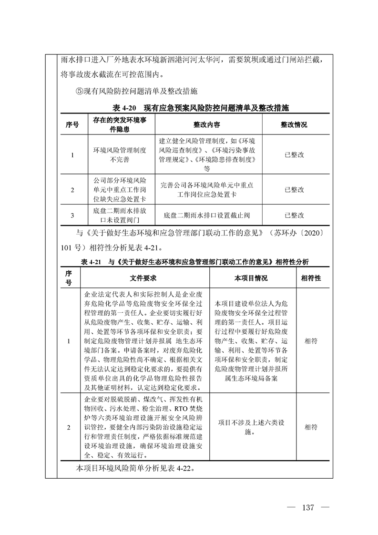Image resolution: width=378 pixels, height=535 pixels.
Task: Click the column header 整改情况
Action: coord(294,125)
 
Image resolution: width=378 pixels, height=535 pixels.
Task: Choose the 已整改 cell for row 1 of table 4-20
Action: coord(294,155)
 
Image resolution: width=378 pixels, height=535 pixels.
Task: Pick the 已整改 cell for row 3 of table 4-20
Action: coord(294,215)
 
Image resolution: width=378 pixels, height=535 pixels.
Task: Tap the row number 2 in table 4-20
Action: coord(72,190)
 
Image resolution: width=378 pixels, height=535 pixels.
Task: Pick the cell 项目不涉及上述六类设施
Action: coord(251,426)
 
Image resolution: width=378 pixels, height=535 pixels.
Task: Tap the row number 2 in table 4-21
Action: coord(69,427)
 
